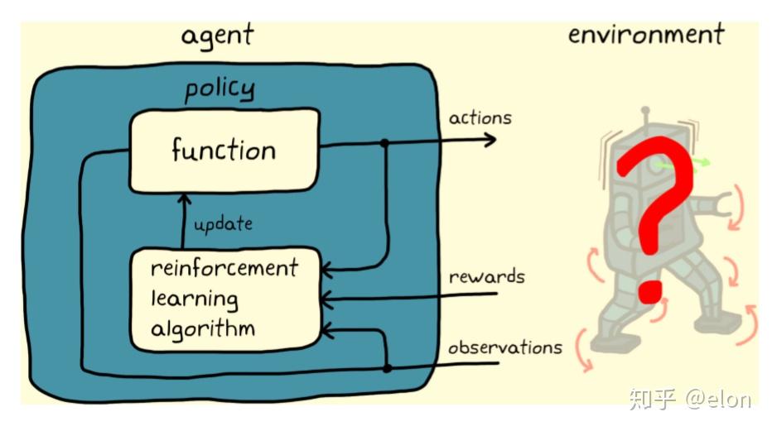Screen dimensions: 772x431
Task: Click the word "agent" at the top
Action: [x=217, y=36]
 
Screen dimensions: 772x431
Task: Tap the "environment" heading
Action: [x=646, y=35]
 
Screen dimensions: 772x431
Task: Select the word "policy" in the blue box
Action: [x=220, y=89]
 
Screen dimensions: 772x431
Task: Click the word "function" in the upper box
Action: [x=224, y=150]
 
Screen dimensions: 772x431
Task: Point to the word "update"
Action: [x=223, y=224]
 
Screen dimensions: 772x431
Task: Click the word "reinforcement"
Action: [x=224, y=268]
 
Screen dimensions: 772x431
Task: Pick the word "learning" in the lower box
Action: [x=195, y=299]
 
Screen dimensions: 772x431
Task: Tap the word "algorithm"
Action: [x=203, y=328]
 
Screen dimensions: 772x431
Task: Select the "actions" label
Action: [x=480, y=118]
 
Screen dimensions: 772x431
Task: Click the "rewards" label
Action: [x=486, y=276]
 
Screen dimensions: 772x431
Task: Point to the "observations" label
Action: [x=504, y=347]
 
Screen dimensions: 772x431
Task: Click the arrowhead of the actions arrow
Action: [x=490, y=140]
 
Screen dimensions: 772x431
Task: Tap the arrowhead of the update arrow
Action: [x=184, y=199]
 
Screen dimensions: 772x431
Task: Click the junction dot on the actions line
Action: [x=384, y=143]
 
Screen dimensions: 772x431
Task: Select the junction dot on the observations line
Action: [x=388, y=367]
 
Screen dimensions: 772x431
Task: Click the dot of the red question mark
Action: [x=650, y=291]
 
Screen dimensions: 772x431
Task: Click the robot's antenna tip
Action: [x=645, y=111]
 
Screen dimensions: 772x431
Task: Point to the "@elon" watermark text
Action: [x=718, y=399]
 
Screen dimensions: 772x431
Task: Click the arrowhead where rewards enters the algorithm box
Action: [x=326, y=299]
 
